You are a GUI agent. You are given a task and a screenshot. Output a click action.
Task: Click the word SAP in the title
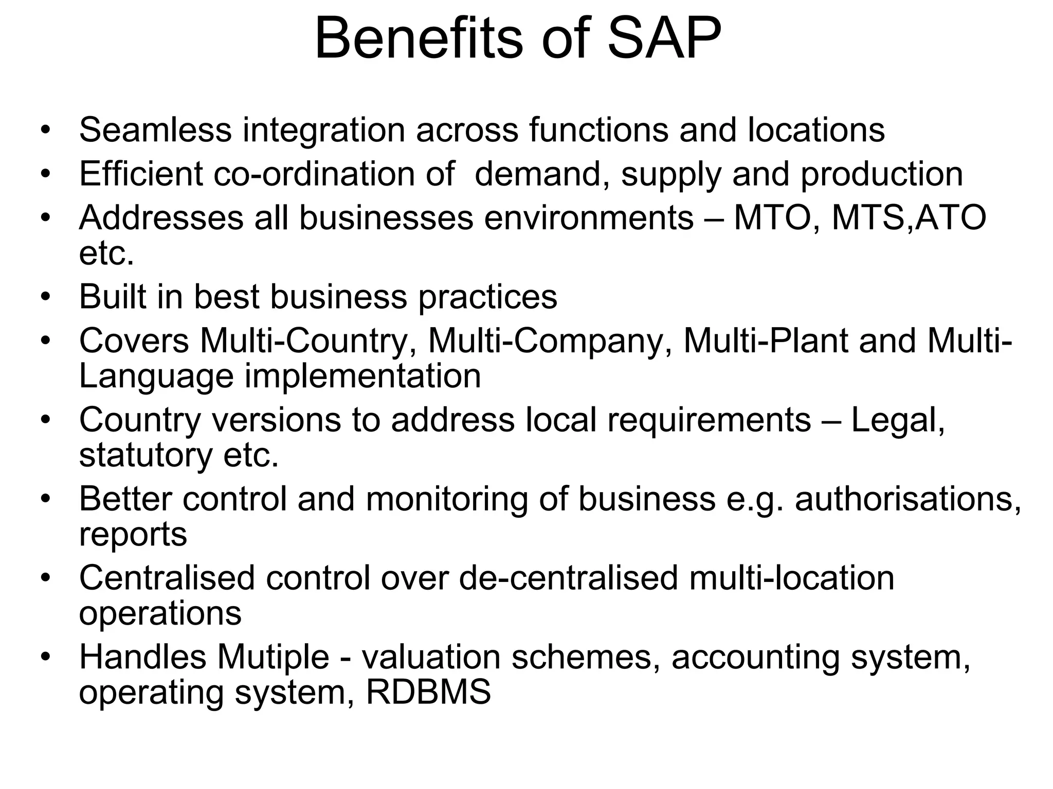664,39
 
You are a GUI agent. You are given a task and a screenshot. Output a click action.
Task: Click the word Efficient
141,174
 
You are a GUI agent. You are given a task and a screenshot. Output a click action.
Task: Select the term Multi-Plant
766,341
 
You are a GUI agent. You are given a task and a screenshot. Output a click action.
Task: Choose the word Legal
898,420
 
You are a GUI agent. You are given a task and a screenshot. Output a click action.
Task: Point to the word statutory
146,456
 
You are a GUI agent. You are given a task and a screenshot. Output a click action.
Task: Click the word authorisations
908,499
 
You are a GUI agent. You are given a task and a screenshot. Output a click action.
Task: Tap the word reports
133,535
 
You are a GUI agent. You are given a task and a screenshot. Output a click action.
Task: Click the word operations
160,613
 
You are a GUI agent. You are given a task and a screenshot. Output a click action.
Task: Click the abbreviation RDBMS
428,692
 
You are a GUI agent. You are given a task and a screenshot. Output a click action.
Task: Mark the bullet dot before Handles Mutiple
46,657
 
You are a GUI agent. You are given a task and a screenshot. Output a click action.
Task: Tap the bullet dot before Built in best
46,296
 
